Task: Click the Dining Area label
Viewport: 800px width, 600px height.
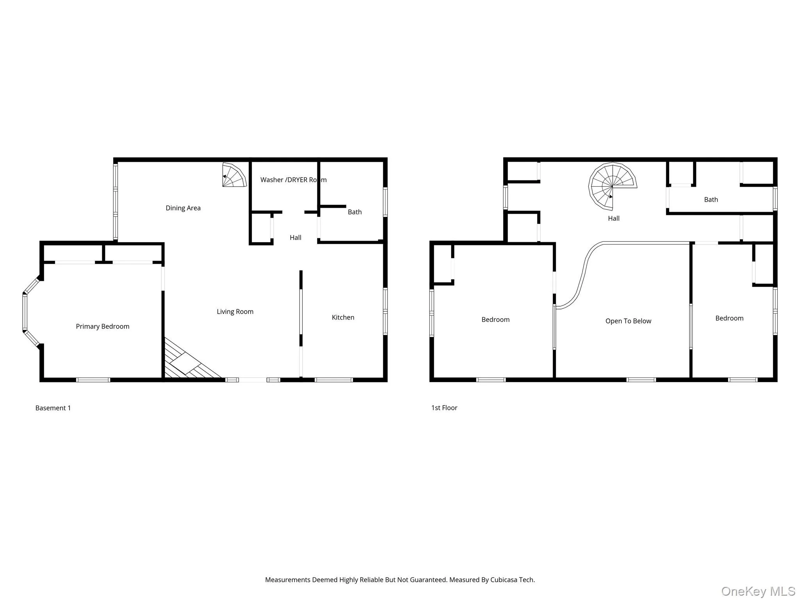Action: [x=183, y=208]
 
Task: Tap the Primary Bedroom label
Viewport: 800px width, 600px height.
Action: [x=102, y=326]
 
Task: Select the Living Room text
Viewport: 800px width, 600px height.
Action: [x=235, y=311]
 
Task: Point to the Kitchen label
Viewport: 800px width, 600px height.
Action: [x=343, y=317]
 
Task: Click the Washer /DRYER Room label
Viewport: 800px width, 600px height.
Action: [x=293, y=180]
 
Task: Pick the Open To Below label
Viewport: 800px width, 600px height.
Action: [x=628, y=321]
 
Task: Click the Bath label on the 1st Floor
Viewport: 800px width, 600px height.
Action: [x=711, y=199]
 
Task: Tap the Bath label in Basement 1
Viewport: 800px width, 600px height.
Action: [x=355, y=212]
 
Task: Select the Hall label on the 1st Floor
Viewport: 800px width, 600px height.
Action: [x=614, y=218]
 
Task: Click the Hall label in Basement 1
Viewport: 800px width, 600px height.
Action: [x=295, y=237]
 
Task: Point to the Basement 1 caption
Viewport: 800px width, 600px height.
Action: [x=53, y=408]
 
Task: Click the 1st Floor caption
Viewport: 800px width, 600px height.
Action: [x=444, y=407]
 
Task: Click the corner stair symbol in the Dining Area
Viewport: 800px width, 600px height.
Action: [x=234, y=175]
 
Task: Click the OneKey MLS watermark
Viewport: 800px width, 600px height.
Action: [x=758, y=591]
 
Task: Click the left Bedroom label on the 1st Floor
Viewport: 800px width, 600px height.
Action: [x=495, y=319]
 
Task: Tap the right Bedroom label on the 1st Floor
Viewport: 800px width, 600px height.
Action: [x=729, y=318]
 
